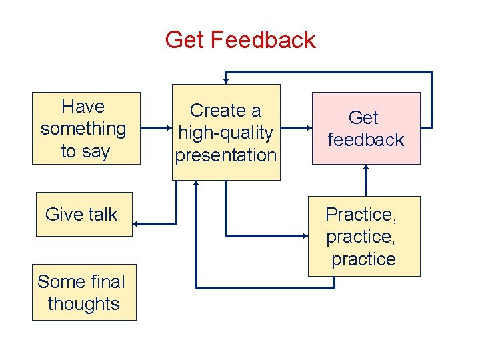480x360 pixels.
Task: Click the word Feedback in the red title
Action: [263, 40]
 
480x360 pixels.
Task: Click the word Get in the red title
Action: [185, 40]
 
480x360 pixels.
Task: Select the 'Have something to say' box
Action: [87, 128]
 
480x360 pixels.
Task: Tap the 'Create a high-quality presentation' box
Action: [226, 132]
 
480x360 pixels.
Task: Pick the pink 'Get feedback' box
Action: [366, 128]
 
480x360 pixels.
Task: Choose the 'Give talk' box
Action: [84, 214]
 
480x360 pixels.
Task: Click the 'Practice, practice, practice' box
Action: [364, 236]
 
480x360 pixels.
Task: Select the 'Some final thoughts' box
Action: [84, 293]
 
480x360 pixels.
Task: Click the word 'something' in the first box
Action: [83, 129]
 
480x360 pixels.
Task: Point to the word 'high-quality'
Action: [226, 133]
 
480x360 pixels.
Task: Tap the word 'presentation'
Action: [226, 155]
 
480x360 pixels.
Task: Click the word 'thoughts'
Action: [84, 304]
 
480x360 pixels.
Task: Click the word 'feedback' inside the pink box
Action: [366, 140]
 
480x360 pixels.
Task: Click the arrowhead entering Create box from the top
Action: [226, 81]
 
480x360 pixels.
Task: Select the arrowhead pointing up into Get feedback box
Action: [366, 168]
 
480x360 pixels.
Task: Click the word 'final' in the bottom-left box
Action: [108, 282]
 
